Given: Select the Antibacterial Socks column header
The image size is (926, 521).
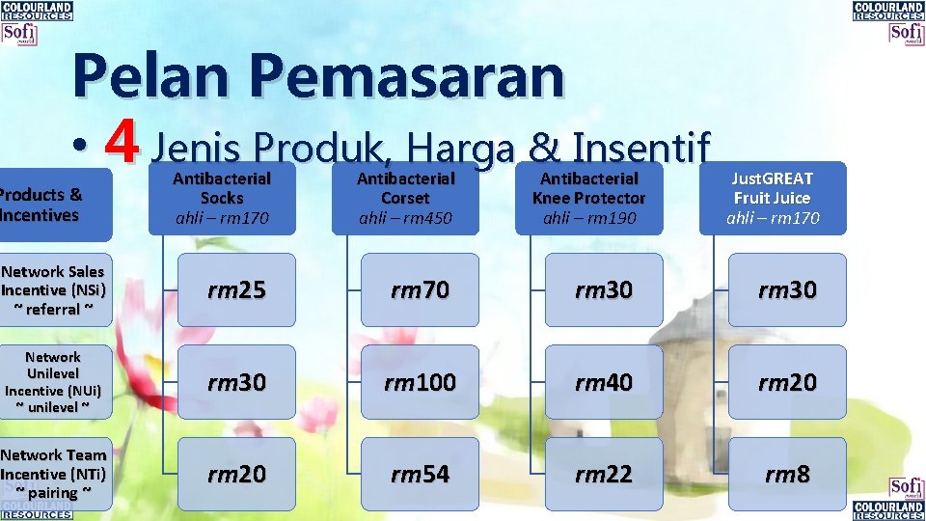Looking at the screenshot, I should (x=222, y=198).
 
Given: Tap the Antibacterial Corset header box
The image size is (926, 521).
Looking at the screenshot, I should (x=405, y=198).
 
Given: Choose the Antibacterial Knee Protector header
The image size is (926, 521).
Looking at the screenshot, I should (x=588, y=198).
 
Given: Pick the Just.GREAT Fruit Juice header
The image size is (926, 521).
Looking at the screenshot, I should (x=772, y=198).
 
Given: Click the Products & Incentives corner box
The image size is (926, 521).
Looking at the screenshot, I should (x=48, y=205).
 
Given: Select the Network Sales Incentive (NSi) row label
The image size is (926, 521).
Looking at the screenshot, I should (x=54, y=289).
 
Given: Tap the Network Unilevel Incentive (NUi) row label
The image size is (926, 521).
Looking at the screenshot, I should (x=54, y=382).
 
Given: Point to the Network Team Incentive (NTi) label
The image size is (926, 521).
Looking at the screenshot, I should (x=54, y=474).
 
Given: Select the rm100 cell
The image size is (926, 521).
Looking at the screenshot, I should (x=421, y=382).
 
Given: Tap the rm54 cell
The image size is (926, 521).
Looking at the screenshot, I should (x=421, y=474).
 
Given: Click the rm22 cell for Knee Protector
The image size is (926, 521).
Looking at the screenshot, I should (x=604, y=474).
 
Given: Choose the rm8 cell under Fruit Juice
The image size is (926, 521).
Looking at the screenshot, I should (x=787, y=474).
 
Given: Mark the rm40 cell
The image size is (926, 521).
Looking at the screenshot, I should (x=604, y=382).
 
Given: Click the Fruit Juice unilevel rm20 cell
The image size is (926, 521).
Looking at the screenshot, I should (x=787, y=382).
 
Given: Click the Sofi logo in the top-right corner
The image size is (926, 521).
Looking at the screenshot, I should (x=906, y=33).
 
